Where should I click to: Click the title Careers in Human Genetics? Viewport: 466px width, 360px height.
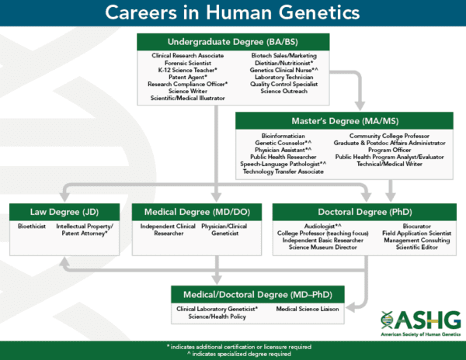(233, 14)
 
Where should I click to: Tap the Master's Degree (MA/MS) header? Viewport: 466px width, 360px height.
(345, 120)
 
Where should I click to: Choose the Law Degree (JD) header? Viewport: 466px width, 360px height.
(65, 212)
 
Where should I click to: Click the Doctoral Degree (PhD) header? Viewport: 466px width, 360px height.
(364, 212)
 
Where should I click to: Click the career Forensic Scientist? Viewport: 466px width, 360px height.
(190, 63)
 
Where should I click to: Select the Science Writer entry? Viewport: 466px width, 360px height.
(190, 91)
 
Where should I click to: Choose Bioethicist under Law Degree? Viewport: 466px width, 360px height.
(33, 227)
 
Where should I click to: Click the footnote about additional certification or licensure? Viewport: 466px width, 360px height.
(234, 346)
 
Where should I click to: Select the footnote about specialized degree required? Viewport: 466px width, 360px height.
(234, 354)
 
